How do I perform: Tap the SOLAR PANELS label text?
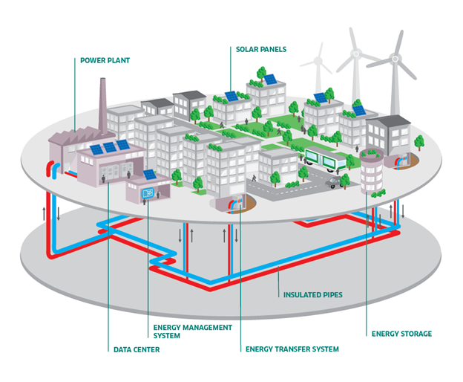(261, 50)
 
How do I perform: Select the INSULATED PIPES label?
(312, 294)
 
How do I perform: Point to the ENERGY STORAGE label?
(401, 334)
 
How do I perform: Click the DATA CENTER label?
(136, 349)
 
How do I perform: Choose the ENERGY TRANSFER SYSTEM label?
(292, 349)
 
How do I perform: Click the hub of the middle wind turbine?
(356, 55)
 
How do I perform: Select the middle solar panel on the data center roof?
(110, 148)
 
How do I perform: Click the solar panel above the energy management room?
(150, 175)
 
